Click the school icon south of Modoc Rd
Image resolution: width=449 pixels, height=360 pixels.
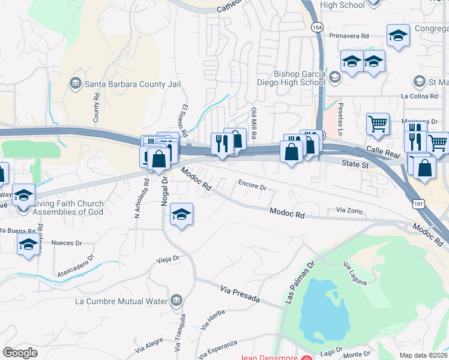pyautogui.click(x=181, y=214)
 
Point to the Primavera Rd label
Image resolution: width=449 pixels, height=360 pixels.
pyautogui.click(x=348, y=36)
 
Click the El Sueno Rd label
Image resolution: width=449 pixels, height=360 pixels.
pyautogui.click(x=184, y=120)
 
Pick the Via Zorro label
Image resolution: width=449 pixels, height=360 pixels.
pyautogui.click(x=349, y=211)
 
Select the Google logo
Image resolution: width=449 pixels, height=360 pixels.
pyautogui.click(x=20, y=352)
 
